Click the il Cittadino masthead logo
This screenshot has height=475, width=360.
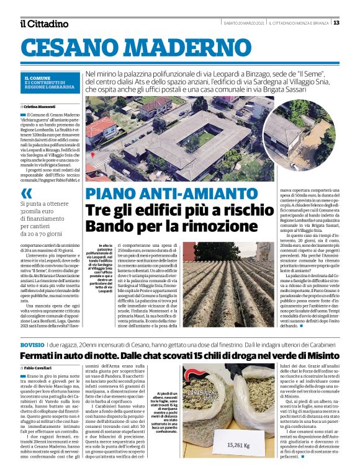44,24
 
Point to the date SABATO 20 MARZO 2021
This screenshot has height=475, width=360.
245,23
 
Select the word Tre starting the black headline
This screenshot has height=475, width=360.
98,210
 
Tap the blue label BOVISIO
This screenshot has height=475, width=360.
32,344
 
